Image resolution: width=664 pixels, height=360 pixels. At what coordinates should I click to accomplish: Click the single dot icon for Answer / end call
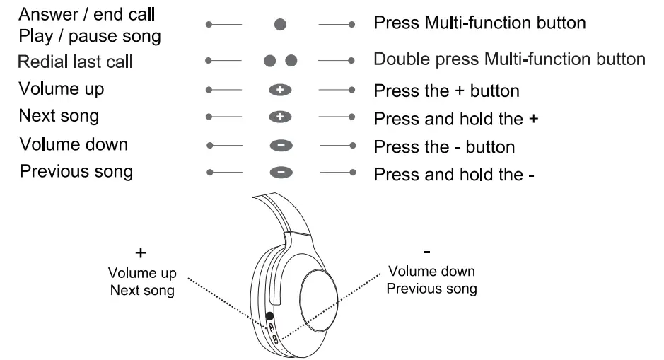coord(280,24)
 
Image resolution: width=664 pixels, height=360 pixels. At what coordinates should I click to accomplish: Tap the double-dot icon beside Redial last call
coord(280,61)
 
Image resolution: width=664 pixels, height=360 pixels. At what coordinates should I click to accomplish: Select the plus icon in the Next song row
coord(280,117)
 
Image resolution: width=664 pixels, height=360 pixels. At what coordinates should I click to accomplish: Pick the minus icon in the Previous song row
coord(280,172)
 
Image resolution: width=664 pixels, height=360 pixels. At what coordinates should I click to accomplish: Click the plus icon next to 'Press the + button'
coord(280,91)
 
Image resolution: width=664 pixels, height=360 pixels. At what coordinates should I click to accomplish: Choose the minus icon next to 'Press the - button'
coord(280,146)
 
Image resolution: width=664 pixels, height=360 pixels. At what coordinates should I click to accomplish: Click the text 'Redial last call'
coord(76,62)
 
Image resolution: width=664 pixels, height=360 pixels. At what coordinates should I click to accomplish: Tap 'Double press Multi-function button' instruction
coord(509,59)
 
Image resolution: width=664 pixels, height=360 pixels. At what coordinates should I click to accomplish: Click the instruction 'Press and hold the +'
coord(456,118)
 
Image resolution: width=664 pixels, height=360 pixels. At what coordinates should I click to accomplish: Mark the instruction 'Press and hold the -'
coord(454,173)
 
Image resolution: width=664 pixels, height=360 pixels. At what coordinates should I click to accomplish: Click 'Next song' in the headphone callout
coord(143,291)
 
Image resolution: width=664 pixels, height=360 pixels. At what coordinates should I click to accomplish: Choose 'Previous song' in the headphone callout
coord(431,289)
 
